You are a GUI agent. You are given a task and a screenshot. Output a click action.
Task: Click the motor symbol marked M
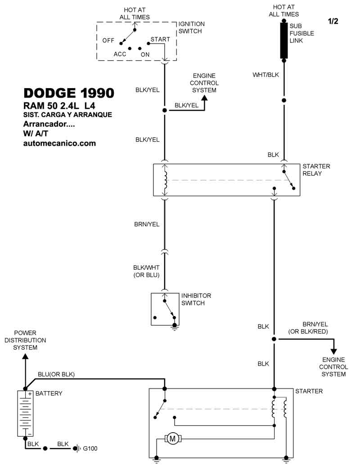(x=172, y=439)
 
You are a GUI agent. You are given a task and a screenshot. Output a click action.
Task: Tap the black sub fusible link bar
(x=284, y=40)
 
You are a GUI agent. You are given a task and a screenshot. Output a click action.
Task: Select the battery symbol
(x=25, y=413)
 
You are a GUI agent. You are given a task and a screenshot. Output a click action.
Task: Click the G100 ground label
(x=90, y=448)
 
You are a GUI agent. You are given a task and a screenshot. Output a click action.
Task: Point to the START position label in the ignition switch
(x=160, y=39)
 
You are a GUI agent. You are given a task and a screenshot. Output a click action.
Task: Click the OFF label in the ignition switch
(x=108, y=40)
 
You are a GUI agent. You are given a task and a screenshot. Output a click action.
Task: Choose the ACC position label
(x=120, y=54)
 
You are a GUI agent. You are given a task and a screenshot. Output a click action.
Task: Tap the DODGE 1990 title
(x=69, y=93)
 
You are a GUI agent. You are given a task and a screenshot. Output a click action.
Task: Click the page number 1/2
(x=333, y=21)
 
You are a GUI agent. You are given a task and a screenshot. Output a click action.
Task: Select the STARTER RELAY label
(x=316, y=170)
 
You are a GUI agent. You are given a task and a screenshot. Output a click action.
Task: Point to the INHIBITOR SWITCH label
(x=196, y=299)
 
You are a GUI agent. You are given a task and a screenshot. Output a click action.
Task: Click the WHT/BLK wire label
(x=266, y=75)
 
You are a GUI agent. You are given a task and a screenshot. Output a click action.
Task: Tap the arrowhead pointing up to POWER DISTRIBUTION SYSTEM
(x=25, y=356)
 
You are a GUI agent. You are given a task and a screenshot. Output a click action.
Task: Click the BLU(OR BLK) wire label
(x=56, y=374)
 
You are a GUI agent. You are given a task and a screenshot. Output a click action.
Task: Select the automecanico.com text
(x=59, y=143)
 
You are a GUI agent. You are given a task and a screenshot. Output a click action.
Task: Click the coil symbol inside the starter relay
(x=165, y=180)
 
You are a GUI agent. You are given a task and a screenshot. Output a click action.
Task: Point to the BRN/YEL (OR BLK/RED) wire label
(x=308, y=328)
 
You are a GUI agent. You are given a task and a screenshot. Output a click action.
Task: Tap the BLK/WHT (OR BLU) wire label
(x=146, y=271)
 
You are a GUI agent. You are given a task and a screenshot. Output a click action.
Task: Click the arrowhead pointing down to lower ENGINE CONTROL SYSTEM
(x=333, y=352)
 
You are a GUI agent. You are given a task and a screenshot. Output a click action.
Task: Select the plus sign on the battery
(x=30, y=394)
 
